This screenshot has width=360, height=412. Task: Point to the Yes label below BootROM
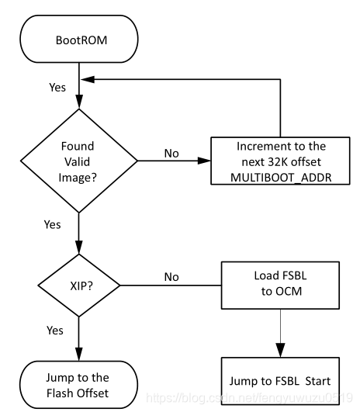[x=57, y=88]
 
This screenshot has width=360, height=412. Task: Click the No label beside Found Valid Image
[x=172, y=153]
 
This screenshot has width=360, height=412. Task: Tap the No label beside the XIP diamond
[x=172, y=275]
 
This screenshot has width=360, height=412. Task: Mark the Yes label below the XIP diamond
[x=54, y=331]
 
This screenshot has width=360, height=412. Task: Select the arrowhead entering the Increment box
[x=206, y=161]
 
